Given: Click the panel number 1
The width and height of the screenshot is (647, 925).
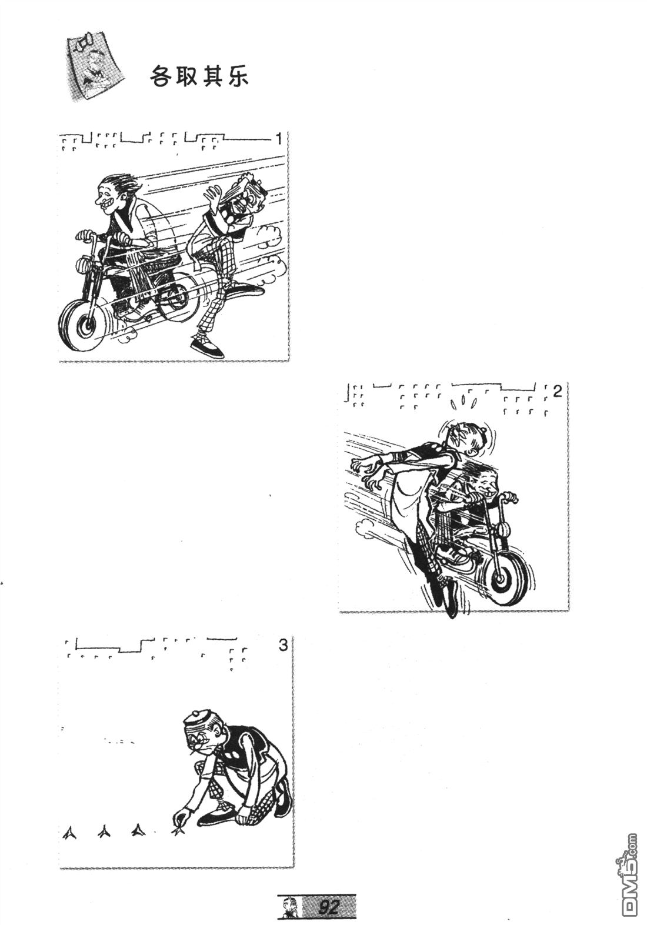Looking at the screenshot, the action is pos(279,139).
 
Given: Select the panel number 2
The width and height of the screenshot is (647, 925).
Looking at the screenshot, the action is pos(557,391).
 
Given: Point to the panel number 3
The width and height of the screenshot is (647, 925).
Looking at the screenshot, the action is pos(282,646).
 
